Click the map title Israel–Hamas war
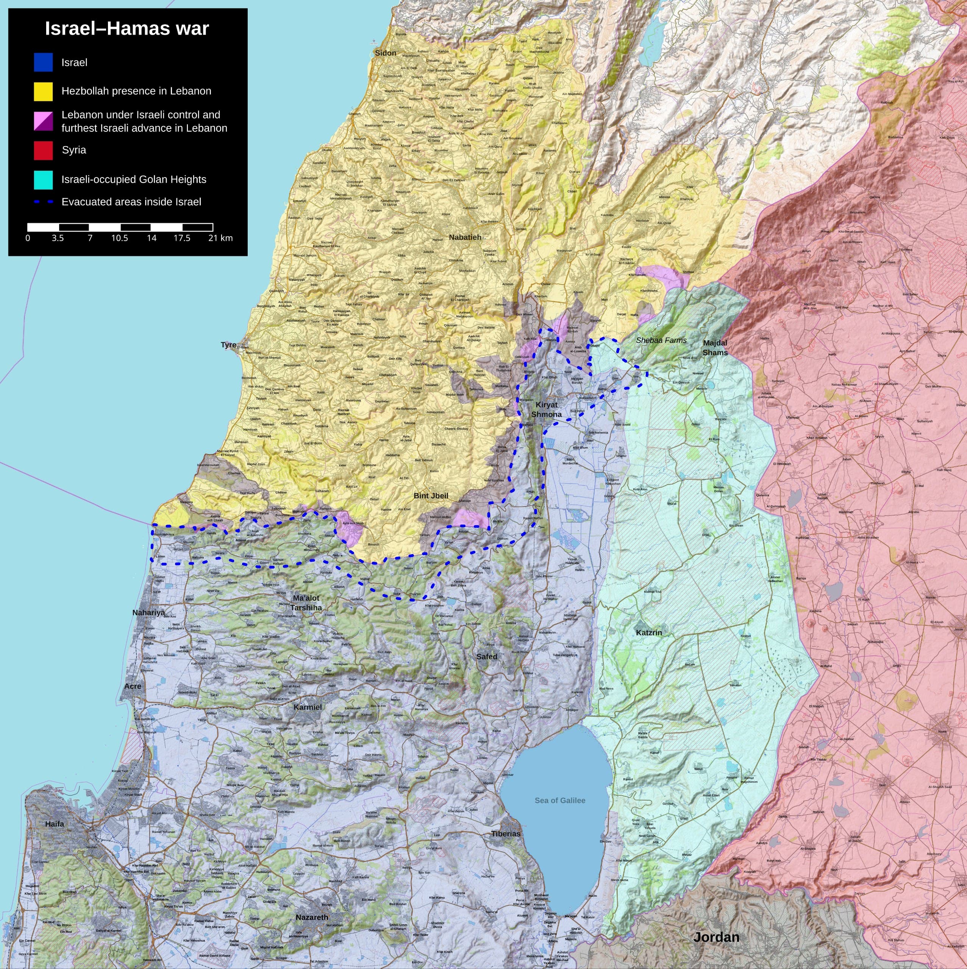[127, 29]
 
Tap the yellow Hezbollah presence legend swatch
[43, 91]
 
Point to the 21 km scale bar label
[220, 238]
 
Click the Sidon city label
[385, 53]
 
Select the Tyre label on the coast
[228, 345]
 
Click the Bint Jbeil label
[431, 495]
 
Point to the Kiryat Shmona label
[547, 409]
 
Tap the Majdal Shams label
[715, 347]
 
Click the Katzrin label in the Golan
[649, 632]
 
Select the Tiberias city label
[505, 833]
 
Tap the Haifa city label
[54, 824]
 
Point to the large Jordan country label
[716, 937]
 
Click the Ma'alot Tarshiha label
[306, 602]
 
